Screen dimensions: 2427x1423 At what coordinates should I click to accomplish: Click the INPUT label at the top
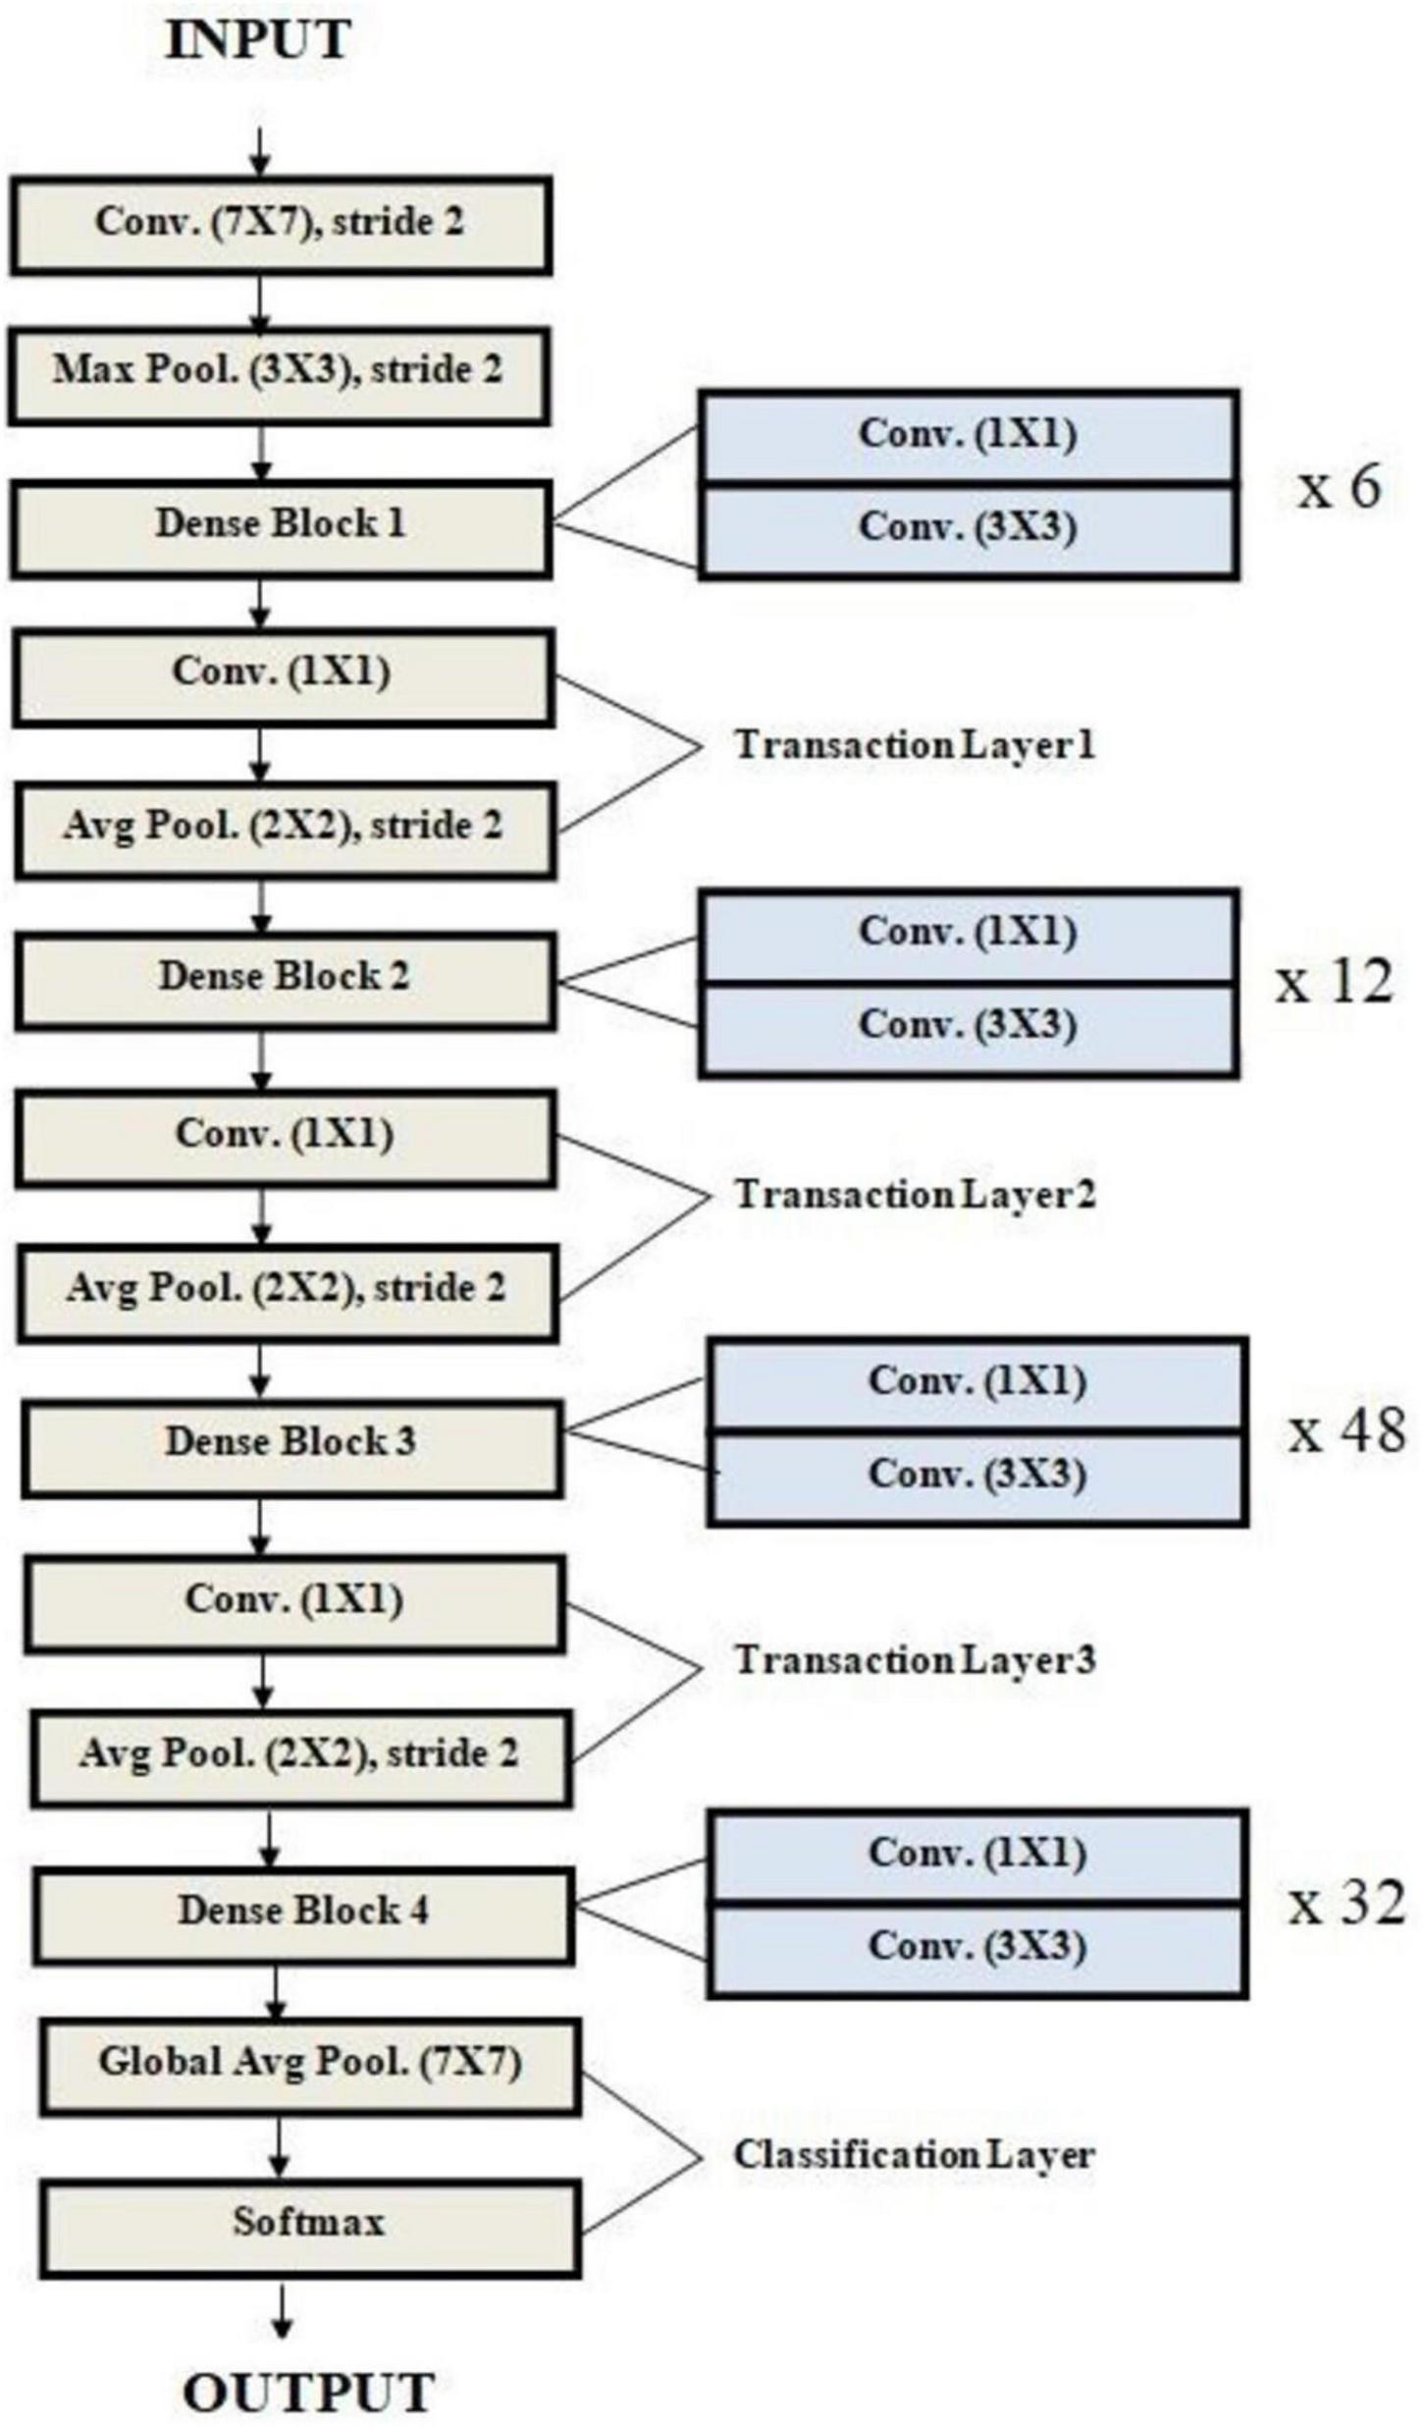tap(257, 40)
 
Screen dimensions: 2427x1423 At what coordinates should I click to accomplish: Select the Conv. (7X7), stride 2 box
tap(280, 224)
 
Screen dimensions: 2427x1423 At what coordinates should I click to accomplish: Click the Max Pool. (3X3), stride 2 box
tap(278, 373)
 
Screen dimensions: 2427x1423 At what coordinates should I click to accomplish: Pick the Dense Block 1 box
tap(280, 526)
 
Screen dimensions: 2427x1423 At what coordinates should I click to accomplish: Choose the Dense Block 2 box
tap(285, 979)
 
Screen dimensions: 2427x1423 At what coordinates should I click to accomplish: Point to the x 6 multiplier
tap(1339, 487)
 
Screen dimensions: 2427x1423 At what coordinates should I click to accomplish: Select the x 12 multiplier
tap(1335, 982)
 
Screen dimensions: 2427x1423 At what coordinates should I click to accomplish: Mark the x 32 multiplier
tap(1345, 1904)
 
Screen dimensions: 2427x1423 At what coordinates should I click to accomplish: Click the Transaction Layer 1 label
tap(915, 745)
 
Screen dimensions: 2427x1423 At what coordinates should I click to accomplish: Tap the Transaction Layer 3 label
tap(915, 1660)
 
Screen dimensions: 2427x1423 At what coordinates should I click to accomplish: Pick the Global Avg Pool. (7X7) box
tap(309, 2064)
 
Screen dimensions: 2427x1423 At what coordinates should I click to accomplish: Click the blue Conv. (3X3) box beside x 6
tap(968, 529)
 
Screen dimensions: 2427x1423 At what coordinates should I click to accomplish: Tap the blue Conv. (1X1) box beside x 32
tap(976, 1855)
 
